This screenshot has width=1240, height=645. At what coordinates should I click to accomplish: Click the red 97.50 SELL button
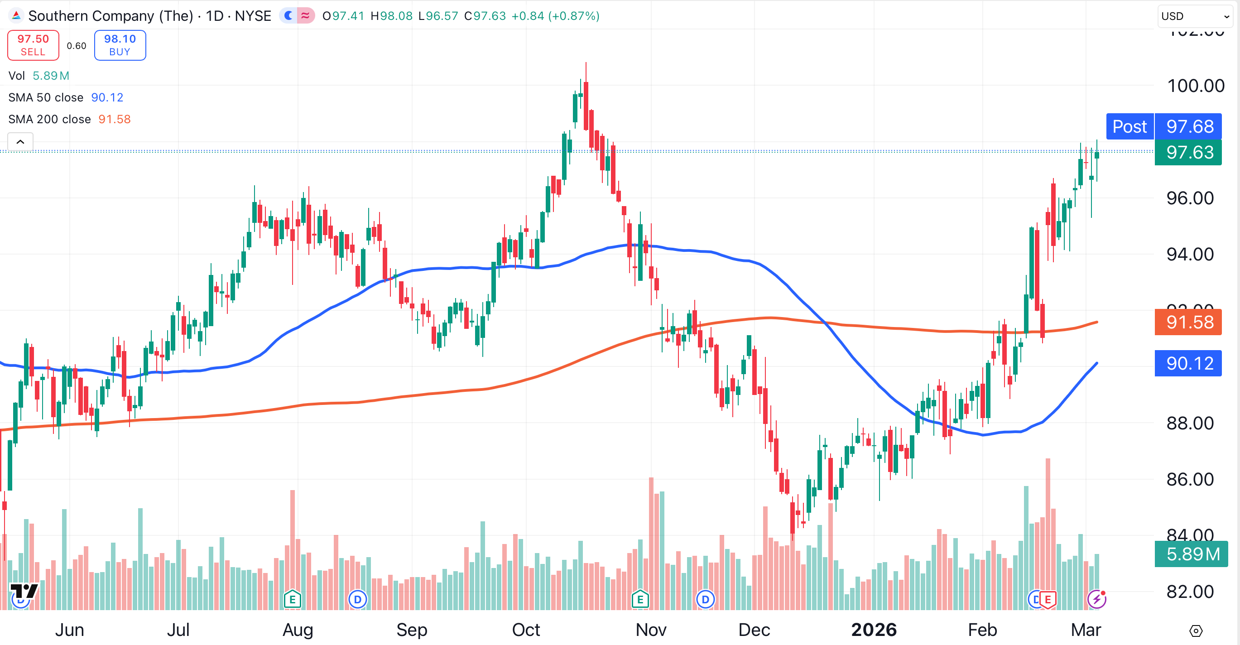pyautogui.click(x=33, y=45)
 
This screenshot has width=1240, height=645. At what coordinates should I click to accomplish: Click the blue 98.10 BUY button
pyautogui.click(x=120, y=45)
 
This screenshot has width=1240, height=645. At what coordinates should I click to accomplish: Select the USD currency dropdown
pyautogui.click(x=1195, y=16)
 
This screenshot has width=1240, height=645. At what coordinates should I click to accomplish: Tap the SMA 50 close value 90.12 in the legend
pyautogui.click(x=107, y=98)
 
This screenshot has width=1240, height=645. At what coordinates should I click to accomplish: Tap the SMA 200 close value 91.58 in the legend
pyautogui.click(x=115, y=120)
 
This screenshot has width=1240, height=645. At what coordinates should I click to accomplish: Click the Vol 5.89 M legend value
pyautogui.click(x=51, y=76)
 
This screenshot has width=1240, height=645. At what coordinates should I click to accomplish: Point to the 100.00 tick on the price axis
pyautogui.click(x=1195, y=86)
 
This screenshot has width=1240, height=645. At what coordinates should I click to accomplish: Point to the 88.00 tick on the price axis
pyautogui.click(x=1189, y=424)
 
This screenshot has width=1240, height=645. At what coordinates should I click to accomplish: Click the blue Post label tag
pyautogui.click(x=1129, y=126)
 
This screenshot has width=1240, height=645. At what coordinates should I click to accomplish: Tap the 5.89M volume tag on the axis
pyautogui.click(x=1192, y=554)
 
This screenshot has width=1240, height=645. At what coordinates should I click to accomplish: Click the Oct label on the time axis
pyautogui.click(x=526, y=630)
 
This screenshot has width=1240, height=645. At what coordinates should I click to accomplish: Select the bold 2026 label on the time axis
pyautogui.click(x=874, y=630)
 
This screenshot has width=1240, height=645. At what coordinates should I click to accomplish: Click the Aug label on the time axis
pyautogui.click(x=298, y=630)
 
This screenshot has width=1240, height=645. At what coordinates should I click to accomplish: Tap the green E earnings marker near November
pyautogui.click(x=640, y=600)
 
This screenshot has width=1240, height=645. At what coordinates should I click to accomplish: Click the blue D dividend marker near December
pyautogui.click(x=705, y=600)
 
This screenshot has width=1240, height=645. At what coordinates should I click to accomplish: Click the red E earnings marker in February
pyautogui.click(x=1048, y=600)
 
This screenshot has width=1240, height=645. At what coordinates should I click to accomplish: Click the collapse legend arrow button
pyautogui.click(x=20, y=142)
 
